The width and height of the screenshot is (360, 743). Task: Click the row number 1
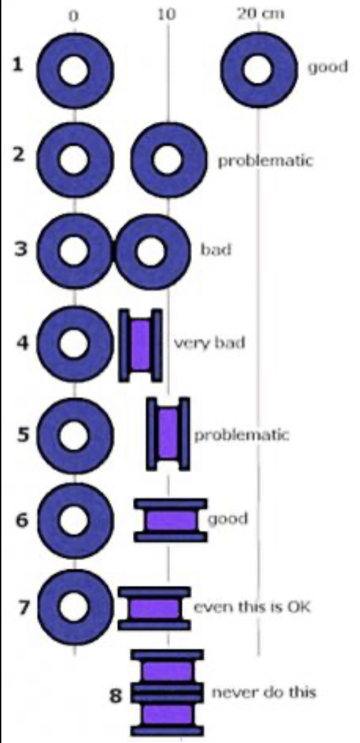(x=18, y=65)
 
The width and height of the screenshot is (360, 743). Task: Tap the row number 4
(x=22, y=342)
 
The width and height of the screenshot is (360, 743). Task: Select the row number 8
(x=116, y=696)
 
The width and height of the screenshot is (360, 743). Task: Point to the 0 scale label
(x=73, y=16)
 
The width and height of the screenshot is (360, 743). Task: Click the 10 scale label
(x=167, y=15)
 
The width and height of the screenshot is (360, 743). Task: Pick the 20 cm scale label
(x=260, y=14)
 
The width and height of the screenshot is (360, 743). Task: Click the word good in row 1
(x=328, y=67)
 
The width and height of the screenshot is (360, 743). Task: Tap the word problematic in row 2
(x=265, y=161)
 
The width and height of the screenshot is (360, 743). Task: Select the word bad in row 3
(x=216, y=250)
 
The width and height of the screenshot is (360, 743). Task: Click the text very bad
(x=209, y=342)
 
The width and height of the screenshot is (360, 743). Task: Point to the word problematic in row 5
(x=241, y=434)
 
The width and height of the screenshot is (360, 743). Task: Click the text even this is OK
(x=252, y=607)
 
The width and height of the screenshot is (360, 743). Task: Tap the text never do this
(x=263, y=692)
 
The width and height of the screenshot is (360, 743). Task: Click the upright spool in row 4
(x=140, y=344)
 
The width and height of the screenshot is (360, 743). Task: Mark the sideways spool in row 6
(x=171, y=520)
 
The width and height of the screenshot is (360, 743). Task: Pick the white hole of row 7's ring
(x=73, y=607)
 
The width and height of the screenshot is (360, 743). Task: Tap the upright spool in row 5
(x=168, y=434)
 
